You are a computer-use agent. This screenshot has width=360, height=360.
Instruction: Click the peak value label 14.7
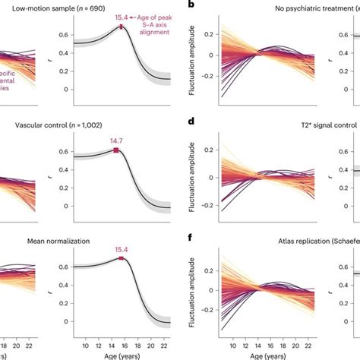[x=115, y=141]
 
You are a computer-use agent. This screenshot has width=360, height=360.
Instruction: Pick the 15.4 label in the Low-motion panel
[x=122, y=17]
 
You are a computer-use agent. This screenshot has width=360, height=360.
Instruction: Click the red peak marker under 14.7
[x=115, y=150]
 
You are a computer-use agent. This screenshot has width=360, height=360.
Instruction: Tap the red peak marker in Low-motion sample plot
[x=121, y=27]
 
